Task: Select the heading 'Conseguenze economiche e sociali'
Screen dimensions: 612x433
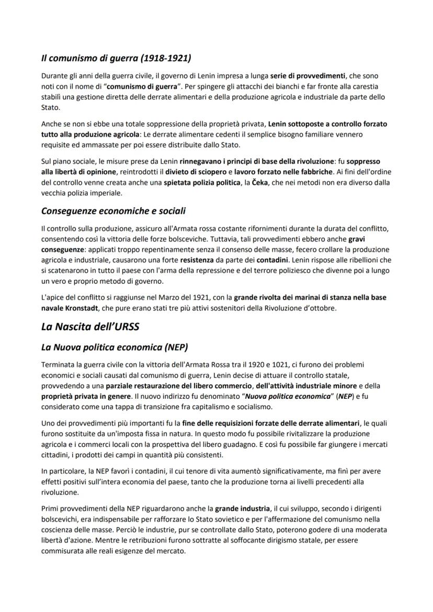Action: point(113,211)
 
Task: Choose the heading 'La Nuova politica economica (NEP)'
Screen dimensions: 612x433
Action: point(115,348)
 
